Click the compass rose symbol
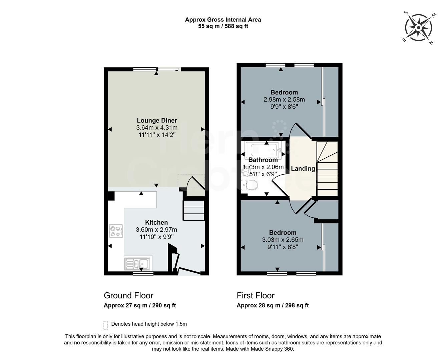(419, 27)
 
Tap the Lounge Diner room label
(157, 120)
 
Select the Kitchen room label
(156, 222)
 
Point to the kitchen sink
(138, 264)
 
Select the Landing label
(303, 169)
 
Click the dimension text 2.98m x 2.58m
(284, 99)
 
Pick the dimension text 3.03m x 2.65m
(283, 240)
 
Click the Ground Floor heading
(128, 295)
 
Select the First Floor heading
(256, 295)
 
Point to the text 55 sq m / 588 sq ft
(223, 26)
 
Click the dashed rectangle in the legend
(106, 325)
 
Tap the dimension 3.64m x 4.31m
(157, 128)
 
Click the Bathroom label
(263, 160)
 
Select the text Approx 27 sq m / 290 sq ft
(140, 305)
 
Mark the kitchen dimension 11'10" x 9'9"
(156, 237)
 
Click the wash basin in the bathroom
(246, 172)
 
